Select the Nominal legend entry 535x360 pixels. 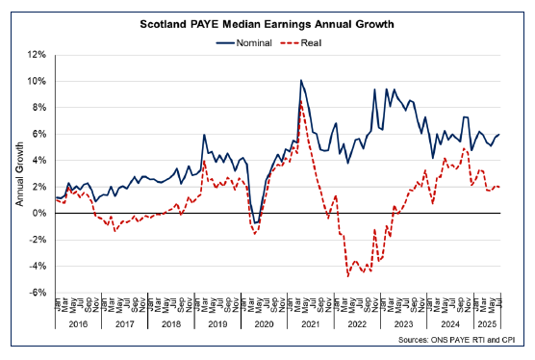tap(249, 42)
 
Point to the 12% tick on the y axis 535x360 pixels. tap(38, 55)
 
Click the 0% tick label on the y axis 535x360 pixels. tap(40, 214)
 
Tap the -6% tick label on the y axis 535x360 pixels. tap(38, 293)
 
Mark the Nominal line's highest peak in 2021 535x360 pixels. tap(301, 81)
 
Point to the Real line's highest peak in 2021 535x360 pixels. tap(301, 103)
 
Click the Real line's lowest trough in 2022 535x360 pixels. tap(346, 276)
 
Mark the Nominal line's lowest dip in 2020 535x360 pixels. tap(255, 223)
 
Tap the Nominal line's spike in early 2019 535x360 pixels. tap(205, 136)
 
